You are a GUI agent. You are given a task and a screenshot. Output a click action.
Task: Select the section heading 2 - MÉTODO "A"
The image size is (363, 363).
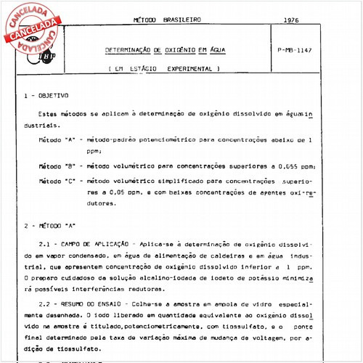[x=49, y=225]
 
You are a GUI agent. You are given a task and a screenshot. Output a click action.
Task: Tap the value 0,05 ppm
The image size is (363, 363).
[x=110, y=193]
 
